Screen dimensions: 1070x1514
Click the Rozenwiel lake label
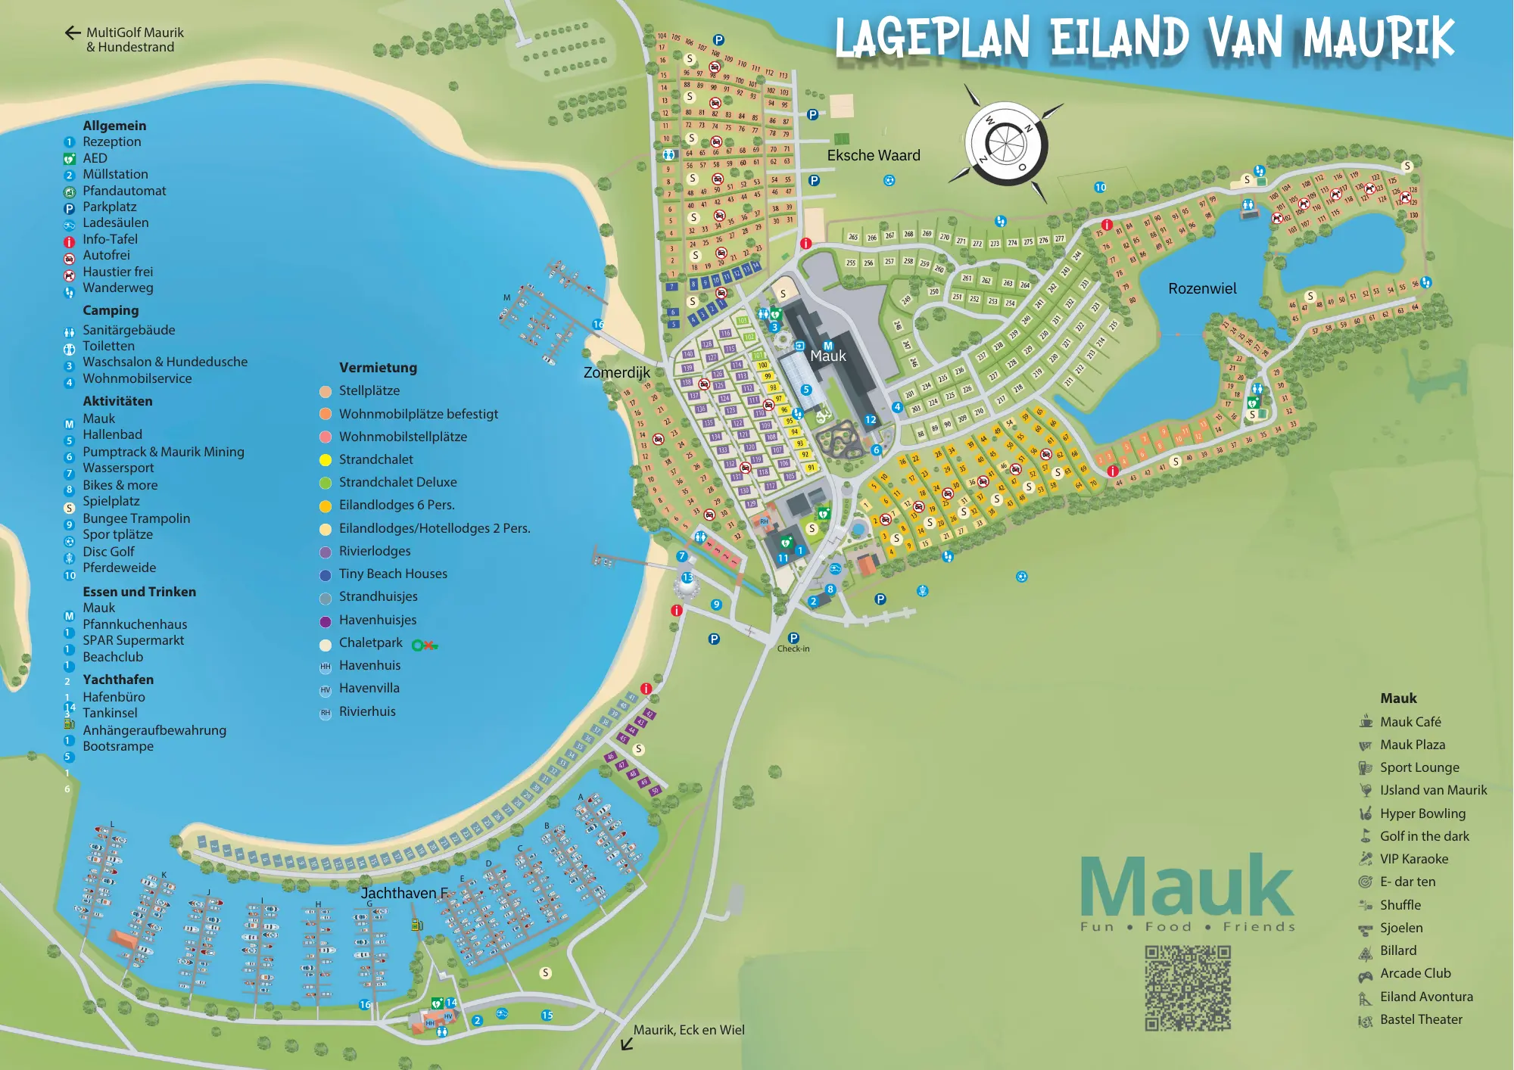click(x=1202, y=288)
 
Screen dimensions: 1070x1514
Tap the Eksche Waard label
click(x=874, y=155)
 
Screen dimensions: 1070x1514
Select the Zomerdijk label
click(x=616, y=372)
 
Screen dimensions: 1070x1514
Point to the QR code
click(x=1187, y=988)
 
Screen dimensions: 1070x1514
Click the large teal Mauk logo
click(x=1186, y=887)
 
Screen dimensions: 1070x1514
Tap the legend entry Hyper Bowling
click(x=1422, y=813)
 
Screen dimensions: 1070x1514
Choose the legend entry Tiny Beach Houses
click(x=392, y=574)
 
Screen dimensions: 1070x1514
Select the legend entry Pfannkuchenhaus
click(x=135, y=624)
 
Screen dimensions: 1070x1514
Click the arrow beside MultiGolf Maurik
click(x=73, y=33)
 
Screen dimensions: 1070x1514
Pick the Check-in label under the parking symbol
click(x=793, y=649)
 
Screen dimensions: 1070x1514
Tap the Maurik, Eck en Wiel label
click(x=688, y=1030)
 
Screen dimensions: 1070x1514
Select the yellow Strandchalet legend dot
click(x=326, y=460)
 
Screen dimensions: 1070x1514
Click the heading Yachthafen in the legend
click(x=118, y=680)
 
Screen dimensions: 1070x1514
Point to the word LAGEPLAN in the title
click(x=932, y=38)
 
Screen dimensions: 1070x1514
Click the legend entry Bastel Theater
click(x=1420, y=1019)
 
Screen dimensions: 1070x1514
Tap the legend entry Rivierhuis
click(x=366, y=711)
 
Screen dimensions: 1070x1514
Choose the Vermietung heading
click(x=378, y=368)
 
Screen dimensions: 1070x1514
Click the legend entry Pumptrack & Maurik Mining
click(x=163, y=452)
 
